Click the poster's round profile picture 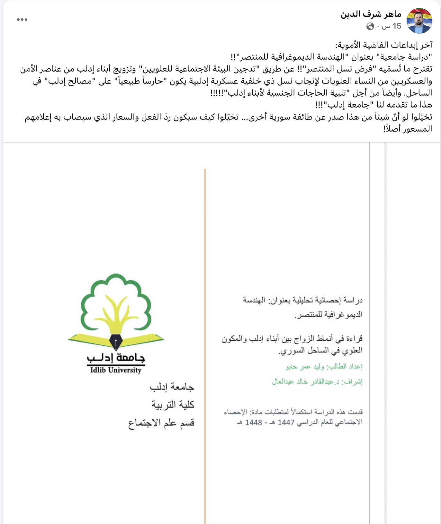(x=419, y=21)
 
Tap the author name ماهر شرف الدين (x=371, y=14)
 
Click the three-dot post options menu (x=22, y=20)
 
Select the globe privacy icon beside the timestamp (x=370, y=26)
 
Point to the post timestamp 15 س (x=392, y=26)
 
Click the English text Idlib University (x=116, y=370)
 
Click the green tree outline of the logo (x=116, y=289)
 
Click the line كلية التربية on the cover (x=173, y=405)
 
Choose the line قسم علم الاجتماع (x=161, y=423)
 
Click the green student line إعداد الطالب (x=324, y=367)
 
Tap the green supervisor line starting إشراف (x=317, y=382)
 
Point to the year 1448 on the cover (x=254, y=423)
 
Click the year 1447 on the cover (x=286, y=423)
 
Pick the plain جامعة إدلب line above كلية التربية (x=172, y=387)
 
